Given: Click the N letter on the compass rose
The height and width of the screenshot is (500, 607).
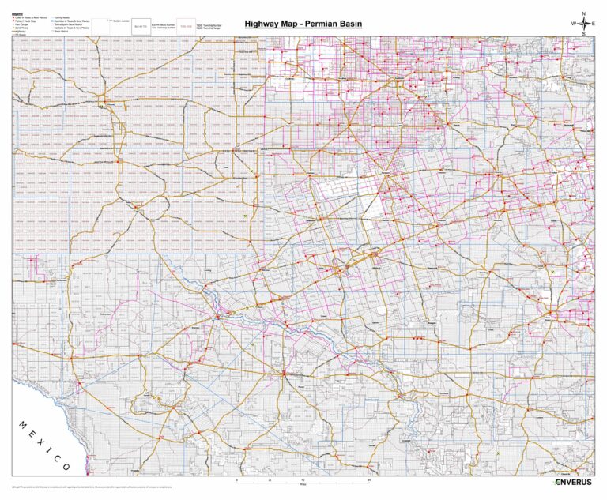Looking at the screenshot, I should [582, 14].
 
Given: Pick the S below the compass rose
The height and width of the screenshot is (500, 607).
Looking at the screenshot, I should [582, 35].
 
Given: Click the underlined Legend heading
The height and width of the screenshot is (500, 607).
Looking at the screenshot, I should [17, 13].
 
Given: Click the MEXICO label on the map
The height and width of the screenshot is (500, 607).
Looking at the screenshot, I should [43, 445].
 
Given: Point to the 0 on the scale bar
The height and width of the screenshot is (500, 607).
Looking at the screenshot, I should [236, 480].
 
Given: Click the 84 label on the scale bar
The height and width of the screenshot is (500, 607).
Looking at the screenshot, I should [369, 480].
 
